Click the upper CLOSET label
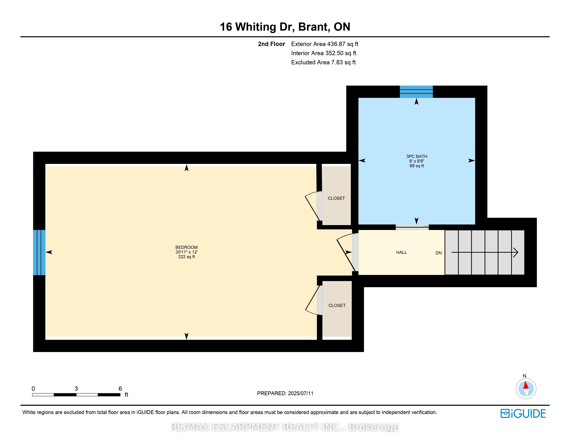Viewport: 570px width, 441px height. pyautogui.click(x=336, y=198)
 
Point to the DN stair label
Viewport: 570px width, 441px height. pyautogui.click(x=438, y=253)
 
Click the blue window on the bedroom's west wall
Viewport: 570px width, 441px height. pyautogui.click(x=39, y=252)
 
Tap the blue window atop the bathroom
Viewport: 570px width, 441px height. pyautogui.click(x=416, y=92)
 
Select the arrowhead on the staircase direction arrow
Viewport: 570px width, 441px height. pyautogui.click(x=516, y=252)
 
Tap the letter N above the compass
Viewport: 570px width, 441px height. pyautogui.click(x=525, y=376)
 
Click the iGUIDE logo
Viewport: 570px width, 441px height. pyautogui.click(x=523, y=414)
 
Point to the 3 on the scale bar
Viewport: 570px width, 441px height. pyautogui.click(x=76, y=388)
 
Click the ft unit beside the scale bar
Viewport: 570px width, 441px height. pyautogui.click(x=126, y=395)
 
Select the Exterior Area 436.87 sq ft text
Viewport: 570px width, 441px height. pyautogui.click(x=325, y=44)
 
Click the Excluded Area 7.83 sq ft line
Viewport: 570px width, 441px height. pyautogui.click(x=323, y=62)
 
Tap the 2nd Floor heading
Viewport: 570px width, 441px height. pyautogui.click(x=271, y=44)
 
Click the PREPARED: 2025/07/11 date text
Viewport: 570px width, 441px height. pyautogui.click(x=285, y=393)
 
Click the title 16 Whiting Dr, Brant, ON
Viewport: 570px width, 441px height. pyautogui.click(x=285, y=27)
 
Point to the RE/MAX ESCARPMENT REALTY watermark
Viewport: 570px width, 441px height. pyautogui.click(x=285, y=427)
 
